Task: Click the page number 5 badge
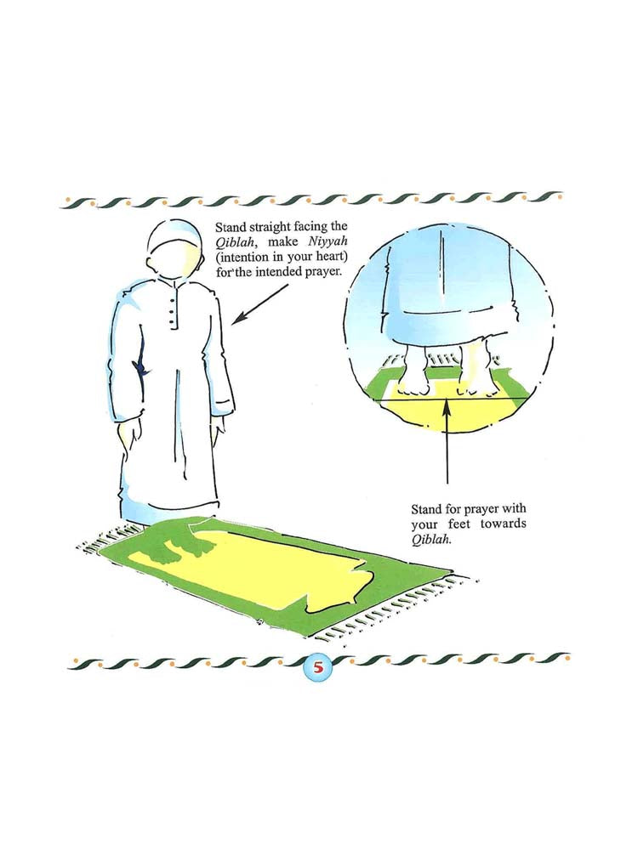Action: point(319,666)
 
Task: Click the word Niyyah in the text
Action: point(328,241)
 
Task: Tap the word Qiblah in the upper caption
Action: point(236,242)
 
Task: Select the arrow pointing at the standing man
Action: point(260,304)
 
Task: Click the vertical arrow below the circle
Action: point(447,440)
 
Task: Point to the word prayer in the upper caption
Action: point(322,270)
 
